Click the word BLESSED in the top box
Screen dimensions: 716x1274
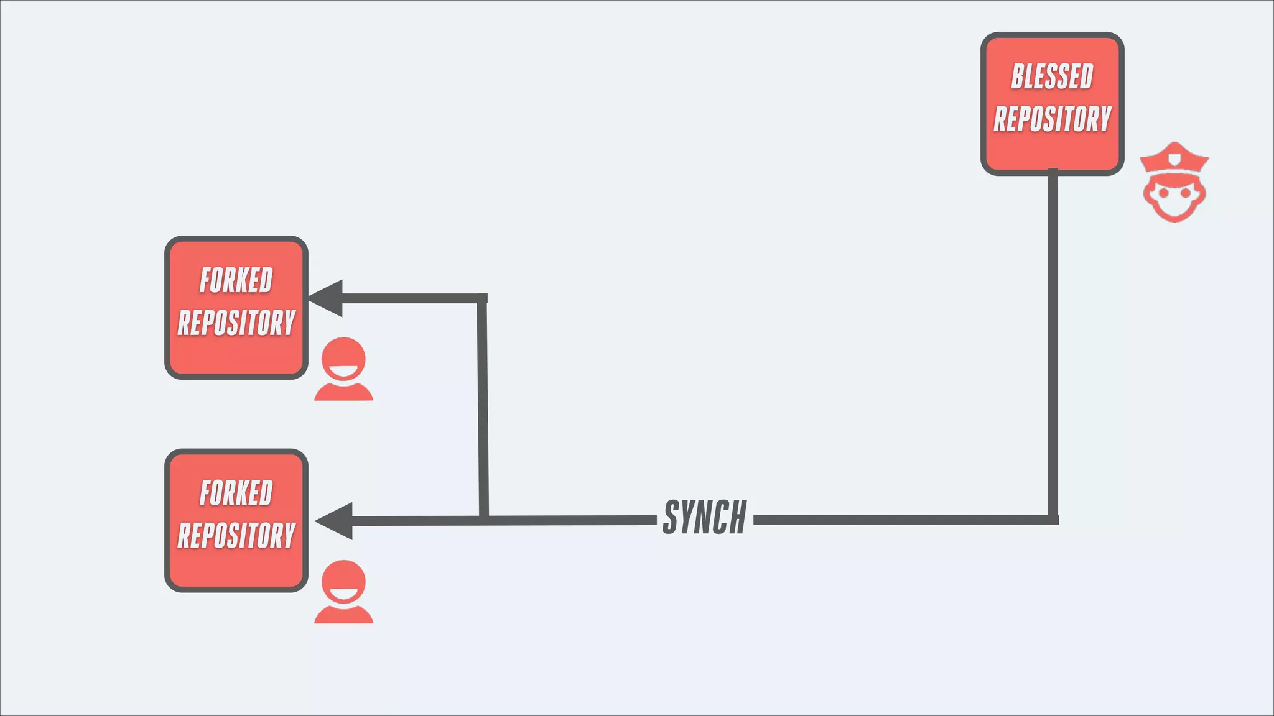(1052, 76)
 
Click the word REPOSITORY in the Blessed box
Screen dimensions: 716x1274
(1052, 119)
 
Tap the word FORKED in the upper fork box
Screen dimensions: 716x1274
(236, 280)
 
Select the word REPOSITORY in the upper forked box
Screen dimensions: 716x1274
(236, 323)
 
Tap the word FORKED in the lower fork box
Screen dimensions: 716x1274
(236, 493)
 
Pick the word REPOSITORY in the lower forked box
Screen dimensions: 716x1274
(236, 535)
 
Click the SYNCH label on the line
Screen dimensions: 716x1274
(705, 517)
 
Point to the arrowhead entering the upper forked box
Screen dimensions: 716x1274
(327, 298)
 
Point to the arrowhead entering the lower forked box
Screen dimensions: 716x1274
(334, 521)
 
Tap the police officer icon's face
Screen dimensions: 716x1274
(1174, 196)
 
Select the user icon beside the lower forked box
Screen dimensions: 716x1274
(343, 592)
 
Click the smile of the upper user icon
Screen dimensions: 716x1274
(343, 372)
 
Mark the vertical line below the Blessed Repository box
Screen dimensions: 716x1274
(1053, 342)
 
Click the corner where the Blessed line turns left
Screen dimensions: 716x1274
(1053, 520)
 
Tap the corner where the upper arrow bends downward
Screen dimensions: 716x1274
(482, 299)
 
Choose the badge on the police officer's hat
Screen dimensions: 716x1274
(1174, 160)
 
